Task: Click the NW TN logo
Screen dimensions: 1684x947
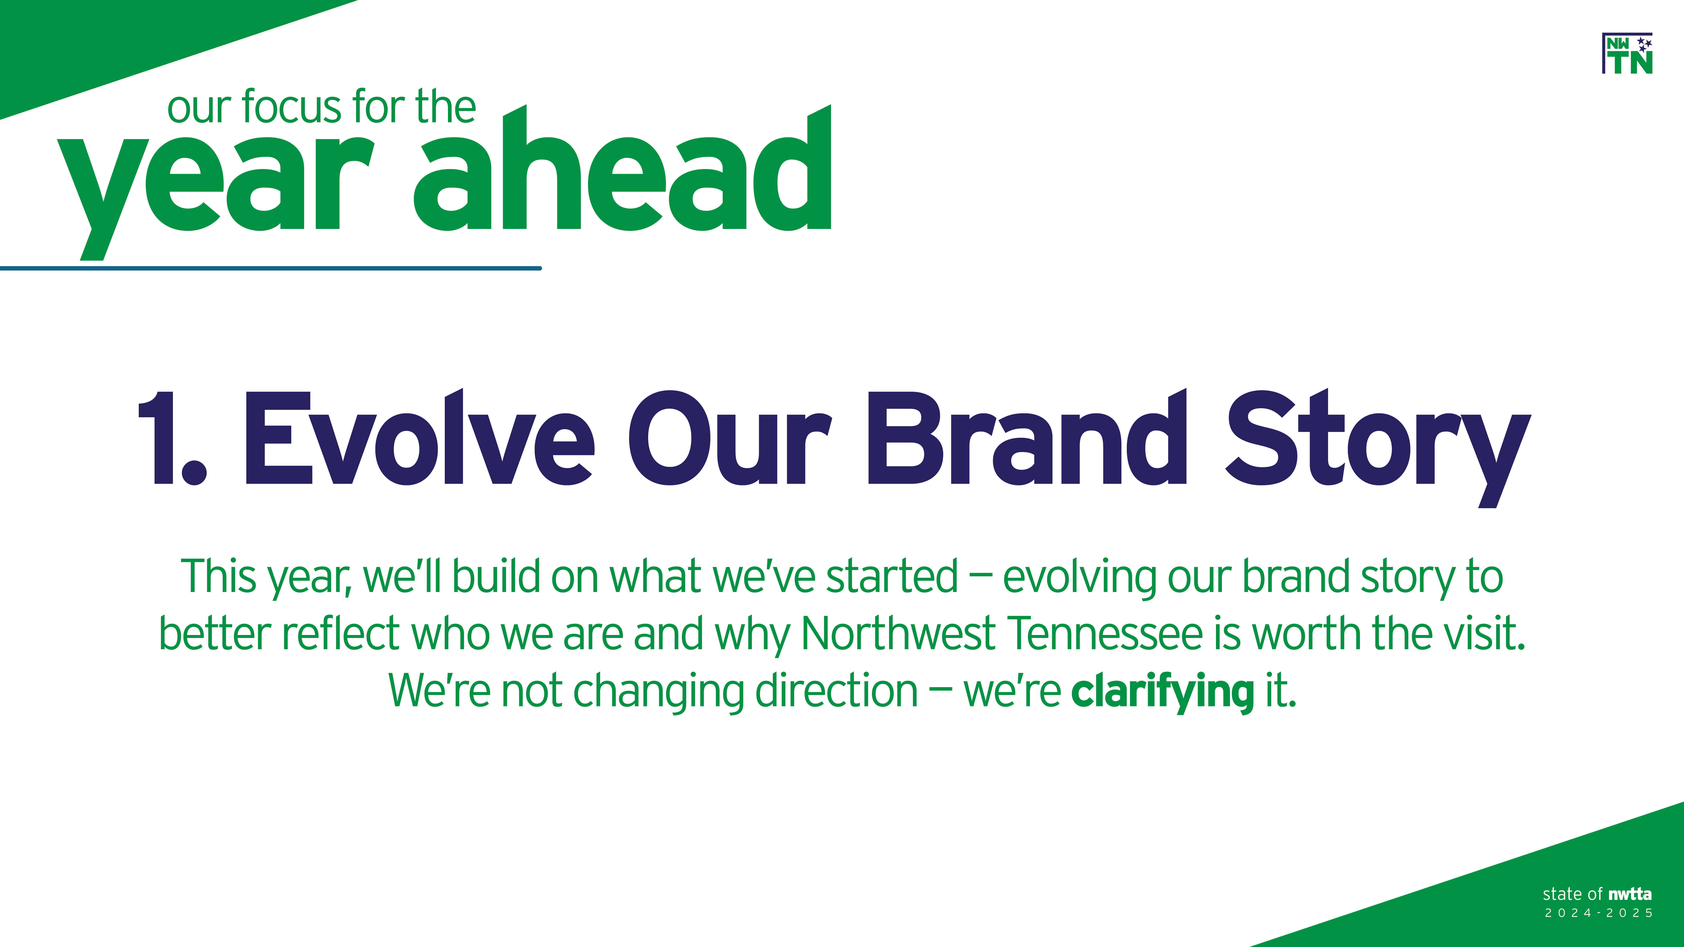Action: click(x=1627, y=53)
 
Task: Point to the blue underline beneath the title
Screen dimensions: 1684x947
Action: click(x=271, y=268)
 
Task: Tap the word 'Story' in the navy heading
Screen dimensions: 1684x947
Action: click(x=1378, y=448)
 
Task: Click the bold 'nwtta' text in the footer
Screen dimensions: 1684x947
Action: click(x=1630, y=894)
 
